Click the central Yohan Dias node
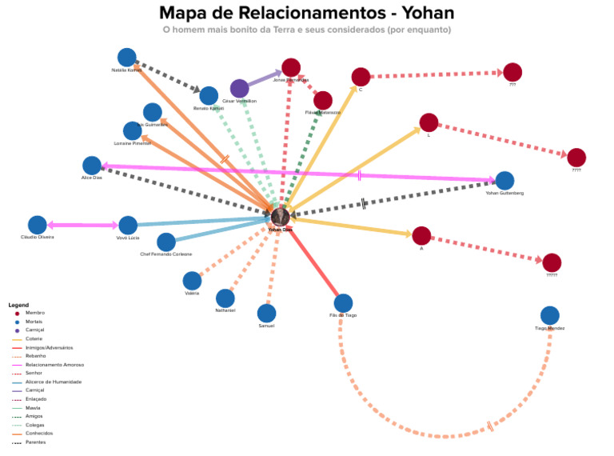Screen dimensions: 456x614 (280, 215)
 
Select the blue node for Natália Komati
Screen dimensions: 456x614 (126, 58)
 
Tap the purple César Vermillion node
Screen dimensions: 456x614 (239, 88)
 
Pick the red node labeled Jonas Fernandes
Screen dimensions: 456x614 (291, 68)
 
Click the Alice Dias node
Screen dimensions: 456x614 (92, 166)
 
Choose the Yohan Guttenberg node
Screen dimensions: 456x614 (504, 181)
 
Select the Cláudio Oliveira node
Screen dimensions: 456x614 (38, 226)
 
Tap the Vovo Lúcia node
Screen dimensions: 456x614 (128, 226)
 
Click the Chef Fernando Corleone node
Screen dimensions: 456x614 (166, 242)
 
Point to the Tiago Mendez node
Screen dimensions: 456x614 (550, 316)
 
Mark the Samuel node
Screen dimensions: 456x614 (266, 314)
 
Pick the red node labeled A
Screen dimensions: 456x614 (421, 235)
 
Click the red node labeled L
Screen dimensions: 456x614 (429, 122)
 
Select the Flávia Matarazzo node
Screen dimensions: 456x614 (323, 101)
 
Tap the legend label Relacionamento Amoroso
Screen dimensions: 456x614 (54, 365)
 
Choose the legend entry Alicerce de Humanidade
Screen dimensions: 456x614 (54, 382)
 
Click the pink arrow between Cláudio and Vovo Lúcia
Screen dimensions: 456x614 (83, 226)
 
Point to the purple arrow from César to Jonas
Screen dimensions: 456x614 (265, 78)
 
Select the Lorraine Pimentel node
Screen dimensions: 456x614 (133, 130)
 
